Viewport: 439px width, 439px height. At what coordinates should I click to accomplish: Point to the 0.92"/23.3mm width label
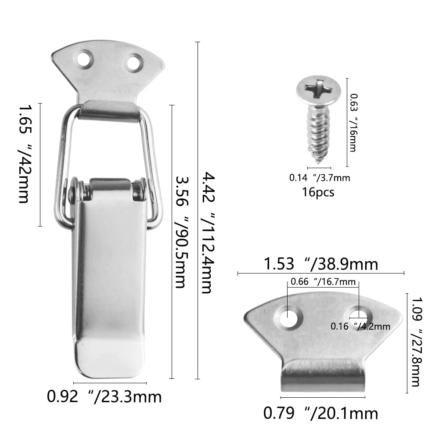104,397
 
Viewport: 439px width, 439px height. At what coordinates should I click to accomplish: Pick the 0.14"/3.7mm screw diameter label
320,177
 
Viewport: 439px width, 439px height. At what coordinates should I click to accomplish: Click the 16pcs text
318,192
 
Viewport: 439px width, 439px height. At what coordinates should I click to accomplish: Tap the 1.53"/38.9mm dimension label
321,264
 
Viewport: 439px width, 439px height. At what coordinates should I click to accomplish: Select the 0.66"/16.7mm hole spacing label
323,281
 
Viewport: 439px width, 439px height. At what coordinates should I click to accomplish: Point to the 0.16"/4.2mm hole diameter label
360,326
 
